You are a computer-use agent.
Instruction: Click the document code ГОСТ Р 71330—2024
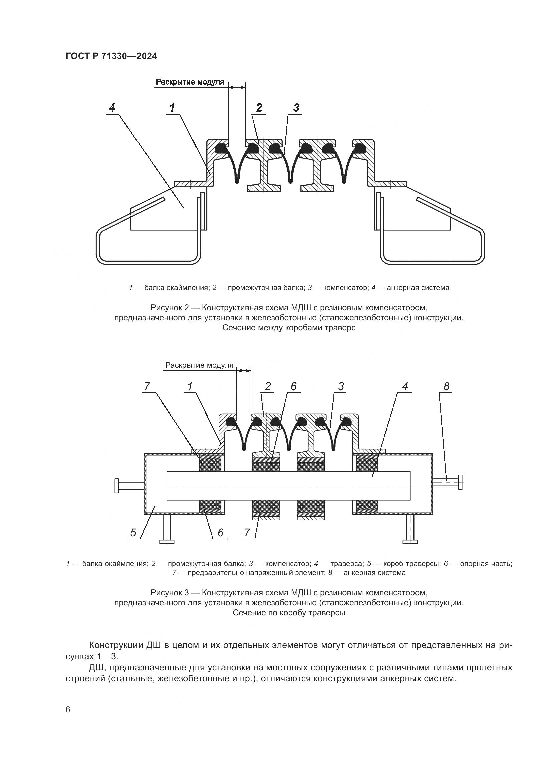pyautogui.click(x=111, y=56)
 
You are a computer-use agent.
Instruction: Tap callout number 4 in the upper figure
pyautogui.click(x=112, y=108)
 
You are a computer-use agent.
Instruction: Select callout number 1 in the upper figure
pyautogui.click(x=172, y=108)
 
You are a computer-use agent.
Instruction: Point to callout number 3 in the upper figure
pyautogui.click(x=296, y=108)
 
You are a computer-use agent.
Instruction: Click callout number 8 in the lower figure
pyautogui.click(x=446, y=386)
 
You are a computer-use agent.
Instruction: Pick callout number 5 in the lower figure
pyautogui.click(x=133, y=532)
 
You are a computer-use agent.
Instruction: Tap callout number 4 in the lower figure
pyautogui.click(x=405, y=386)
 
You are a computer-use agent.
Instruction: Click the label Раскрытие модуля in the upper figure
pyautogui.click(x=190, y=82)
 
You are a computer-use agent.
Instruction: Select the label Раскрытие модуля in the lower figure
pyautogui.click(x=199, y=365)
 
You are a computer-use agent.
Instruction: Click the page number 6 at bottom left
pyautogui.click(x=68, y=710)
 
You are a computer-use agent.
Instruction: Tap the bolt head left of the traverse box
pyautogui.click(x=116, y=486)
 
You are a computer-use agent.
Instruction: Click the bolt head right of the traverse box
pyautogui.click(x=460, y=482)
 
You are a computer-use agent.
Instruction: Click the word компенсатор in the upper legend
pyautogui.click(x=345, y=288)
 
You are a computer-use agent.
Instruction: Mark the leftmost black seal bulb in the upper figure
pyautogui.click(x=221, y=148)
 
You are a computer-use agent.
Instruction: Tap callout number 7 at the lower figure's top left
pyautogui.click(x=147, y=386)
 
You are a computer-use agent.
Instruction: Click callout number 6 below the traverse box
pyautogui.click(x=220, y=532)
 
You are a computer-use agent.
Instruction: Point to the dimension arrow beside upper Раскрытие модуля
pyautogui.click(x=237, y=87)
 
